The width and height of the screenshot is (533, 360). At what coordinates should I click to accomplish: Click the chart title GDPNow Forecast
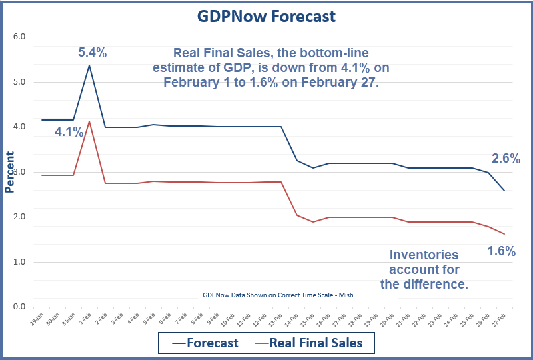tap(266, 17)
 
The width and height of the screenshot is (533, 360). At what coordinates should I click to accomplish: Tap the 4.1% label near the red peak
tap(69, 132)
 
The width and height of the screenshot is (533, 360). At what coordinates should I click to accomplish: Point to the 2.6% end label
tap(506, 159)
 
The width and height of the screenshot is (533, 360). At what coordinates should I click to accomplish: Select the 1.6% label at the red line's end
tap(501, 251)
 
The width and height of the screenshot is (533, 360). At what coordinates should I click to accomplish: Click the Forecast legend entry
tap(205, 342)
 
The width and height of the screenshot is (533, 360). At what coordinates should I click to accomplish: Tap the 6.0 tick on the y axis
tap(19, 37)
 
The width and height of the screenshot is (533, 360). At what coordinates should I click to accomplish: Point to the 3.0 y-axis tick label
tap(19, 172)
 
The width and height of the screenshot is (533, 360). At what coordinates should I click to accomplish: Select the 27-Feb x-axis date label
tap(497, 319)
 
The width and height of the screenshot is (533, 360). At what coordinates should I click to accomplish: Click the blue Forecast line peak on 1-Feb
tap(89, 65)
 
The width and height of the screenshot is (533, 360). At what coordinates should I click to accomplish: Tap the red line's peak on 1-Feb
tap(89, 121)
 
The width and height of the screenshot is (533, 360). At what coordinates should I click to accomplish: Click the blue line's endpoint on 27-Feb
tap(504, 191)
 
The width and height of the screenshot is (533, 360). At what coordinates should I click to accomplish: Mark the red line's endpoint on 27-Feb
tap(504, 234)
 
